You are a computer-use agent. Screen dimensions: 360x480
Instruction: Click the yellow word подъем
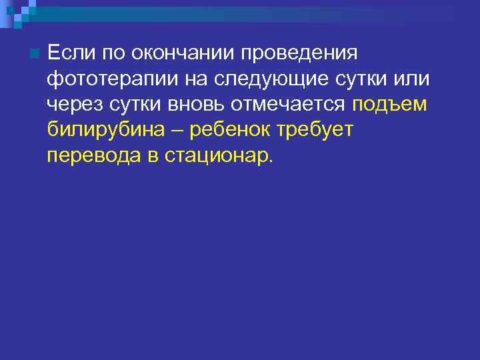pyautogui.click(x=389, y=104)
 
